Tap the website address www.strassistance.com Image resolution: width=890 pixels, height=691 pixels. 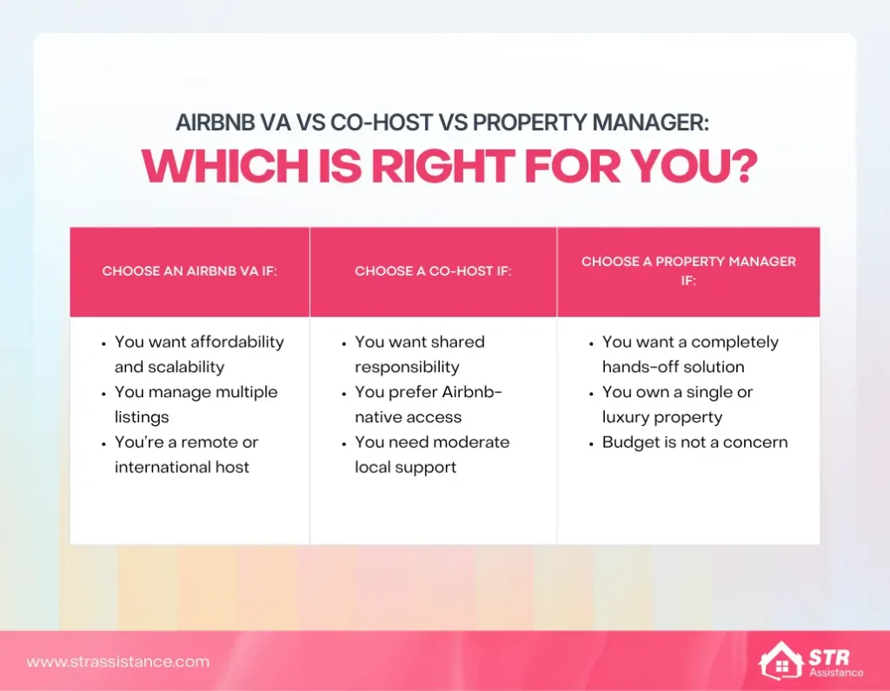pos(118,661)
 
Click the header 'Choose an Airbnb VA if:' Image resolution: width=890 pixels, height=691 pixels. pos(189,271)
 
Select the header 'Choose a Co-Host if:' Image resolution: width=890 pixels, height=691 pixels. pos(433,271)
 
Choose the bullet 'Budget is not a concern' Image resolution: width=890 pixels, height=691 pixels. pos(694,442)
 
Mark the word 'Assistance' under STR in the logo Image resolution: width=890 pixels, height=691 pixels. pos(835,672)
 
